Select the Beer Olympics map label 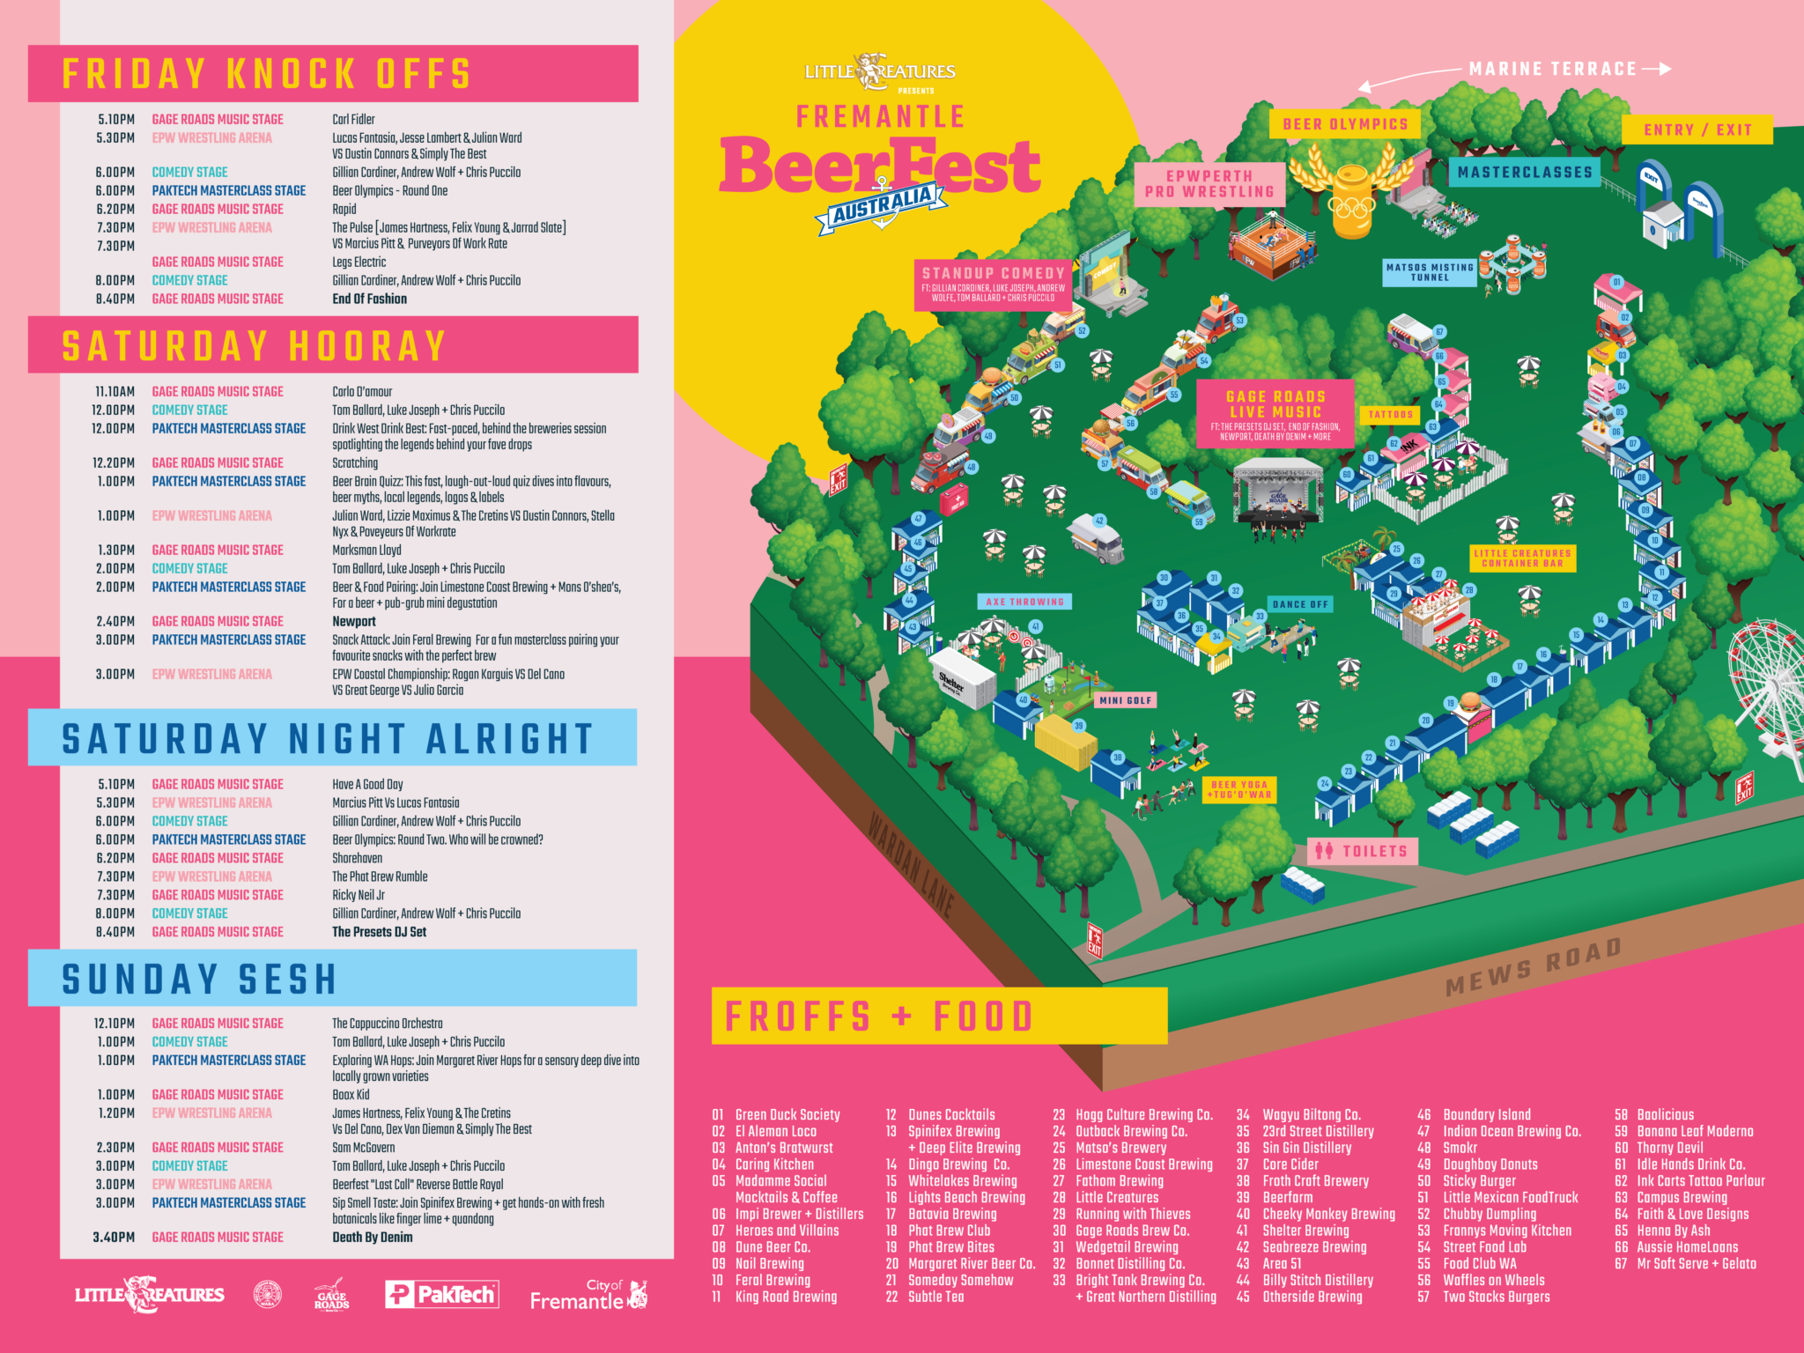[1345, 124]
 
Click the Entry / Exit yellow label [1697, 129]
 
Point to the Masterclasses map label [1525, 173]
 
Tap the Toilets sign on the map [1363, 851]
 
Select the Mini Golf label [1126, 700]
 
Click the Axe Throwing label [1024, 602]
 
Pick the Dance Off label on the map [1300, 604]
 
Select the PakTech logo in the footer [441, 1294]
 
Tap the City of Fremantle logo [588, 1294]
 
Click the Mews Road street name [1534, 967]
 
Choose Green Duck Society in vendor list [787, 1114]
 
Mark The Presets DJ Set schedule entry [379, 932]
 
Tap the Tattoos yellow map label [1390, 414]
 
